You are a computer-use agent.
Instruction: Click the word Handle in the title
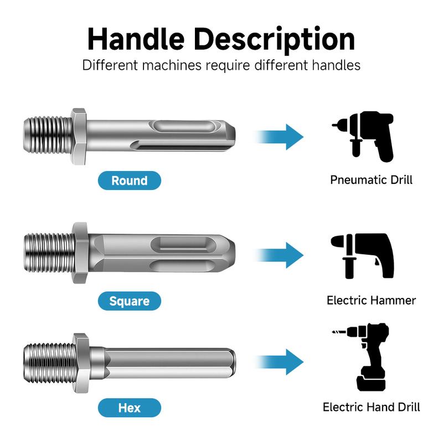point(136,39)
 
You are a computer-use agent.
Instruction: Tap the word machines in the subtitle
point(172,65)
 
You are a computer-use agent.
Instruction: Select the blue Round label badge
point(130,181)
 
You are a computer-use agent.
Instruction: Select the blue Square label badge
point(130,301)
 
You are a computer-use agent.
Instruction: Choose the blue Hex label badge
point(130,408)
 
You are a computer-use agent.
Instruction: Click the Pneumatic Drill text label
point(371,179)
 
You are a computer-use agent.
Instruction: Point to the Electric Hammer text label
point(371,300)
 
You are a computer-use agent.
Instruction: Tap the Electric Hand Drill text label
point(371,407)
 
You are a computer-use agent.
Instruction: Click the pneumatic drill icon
point(364,136)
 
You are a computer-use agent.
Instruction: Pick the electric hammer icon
point(363,256)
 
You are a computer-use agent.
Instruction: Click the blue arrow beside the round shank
point(280,137)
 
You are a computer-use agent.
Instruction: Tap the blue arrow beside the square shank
point(280,255)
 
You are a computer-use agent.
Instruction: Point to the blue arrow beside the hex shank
point(280,362)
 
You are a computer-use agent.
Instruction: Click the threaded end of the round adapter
point(48,136)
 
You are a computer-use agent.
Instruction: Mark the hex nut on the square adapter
point(80,253)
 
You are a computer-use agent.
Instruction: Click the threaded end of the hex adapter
point(49,363)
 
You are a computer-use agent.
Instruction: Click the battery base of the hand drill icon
point(371,384)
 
